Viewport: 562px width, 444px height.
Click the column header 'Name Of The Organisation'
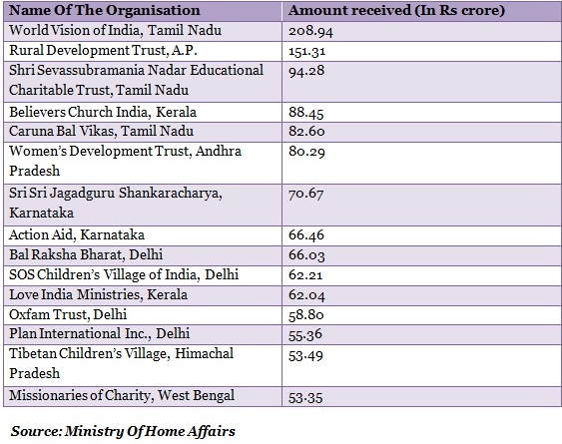point(104,10)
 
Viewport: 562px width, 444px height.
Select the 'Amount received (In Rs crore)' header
point(396,10)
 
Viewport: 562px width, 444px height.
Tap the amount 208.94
point(310,31)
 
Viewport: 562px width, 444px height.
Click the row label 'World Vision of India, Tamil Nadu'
point(115,31)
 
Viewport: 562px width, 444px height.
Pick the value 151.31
point(307,51)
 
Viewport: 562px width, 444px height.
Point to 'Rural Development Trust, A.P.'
point(103,50)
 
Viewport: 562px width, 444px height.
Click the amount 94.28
point(306,71)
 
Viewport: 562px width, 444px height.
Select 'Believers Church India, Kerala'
point(103,112)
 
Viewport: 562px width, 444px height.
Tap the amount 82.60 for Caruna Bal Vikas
point(306,131)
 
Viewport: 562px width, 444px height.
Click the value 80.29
point(306,152)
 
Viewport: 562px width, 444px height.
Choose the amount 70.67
point(306,194)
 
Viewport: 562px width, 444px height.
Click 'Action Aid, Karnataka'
point(77,234)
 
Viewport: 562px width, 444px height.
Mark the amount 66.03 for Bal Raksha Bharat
point(306,255)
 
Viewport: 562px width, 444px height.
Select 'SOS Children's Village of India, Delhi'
point(124,274)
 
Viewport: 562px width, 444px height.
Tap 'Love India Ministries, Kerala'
point(98,294)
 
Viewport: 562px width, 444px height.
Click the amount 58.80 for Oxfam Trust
point(306,315)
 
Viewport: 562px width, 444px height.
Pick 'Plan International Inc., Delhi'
point(99,333)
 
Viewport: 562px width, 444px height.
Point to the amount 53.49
point(305,356)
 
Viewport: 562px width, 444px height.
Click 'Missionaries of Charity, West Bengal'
point(122,395)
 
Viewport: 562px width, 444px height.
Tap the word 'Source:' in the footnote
point(37,431)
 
